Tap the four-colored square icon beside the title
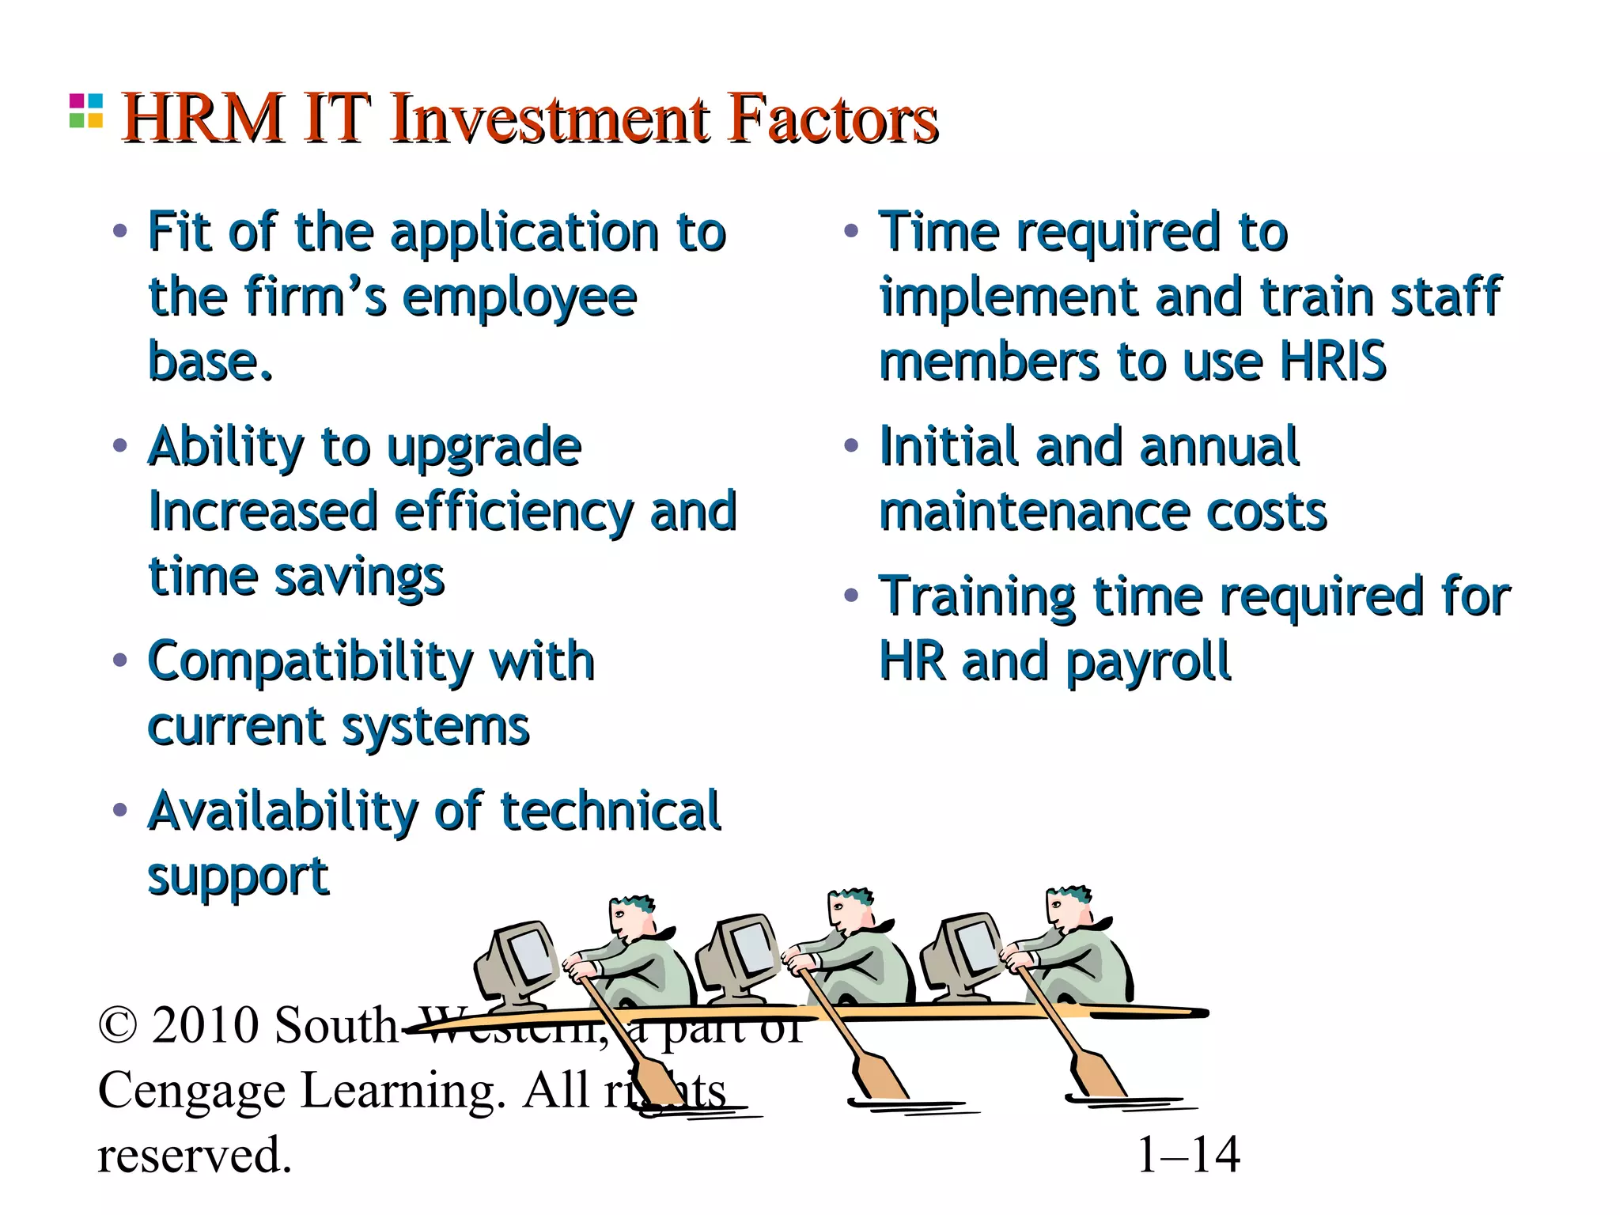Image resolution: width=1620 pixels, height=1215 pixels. pyautogui.click(x=86, y=111)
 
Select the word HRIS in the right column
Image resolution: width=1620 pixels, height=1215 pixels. pyautogui.click(x=1333, y=361)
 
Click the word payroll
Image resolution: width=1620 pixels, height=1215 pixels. pyautogui.click(x=1148, y=662)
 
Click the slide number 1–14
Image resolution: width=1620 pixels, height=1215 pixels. pyautogui.click(x=1188, y=1156)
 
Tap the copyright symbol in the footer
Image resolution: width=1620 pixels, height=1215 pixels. pyautogui.click(x=118, y=1026)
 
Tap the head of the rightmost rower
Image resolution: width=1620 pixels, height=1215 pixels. pyautogui.click(x=1069, y=909)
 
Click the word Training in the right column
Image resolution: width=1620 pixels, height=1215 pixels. pyautogui.click(x=977, y=597)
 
